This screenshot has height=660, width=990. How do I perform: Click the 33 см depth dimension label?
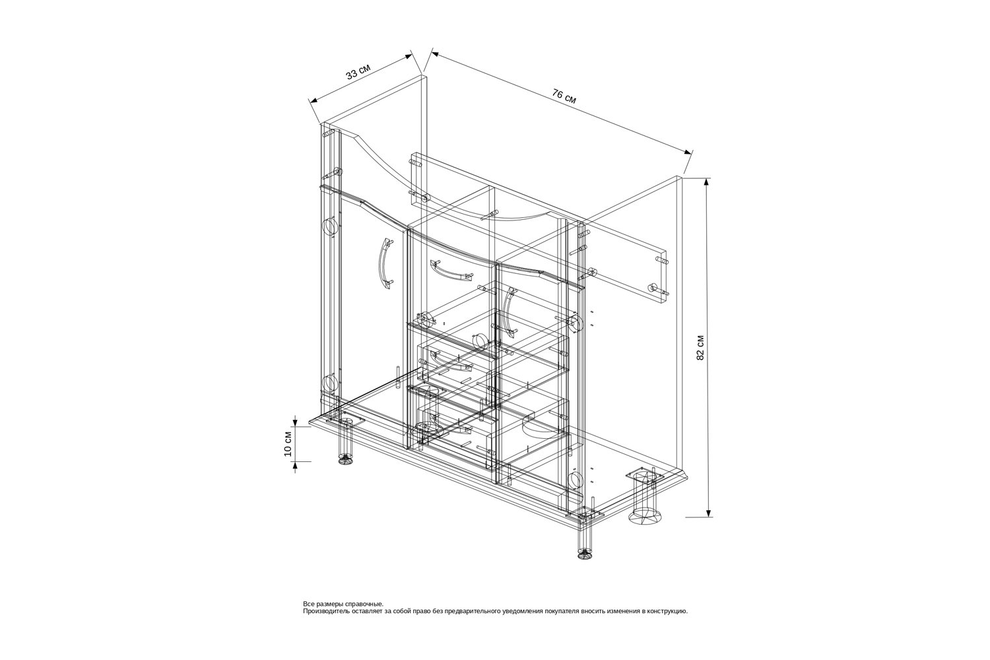(x=358, y=72)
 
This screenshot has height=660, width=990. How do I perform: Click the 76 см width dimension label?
(x=564, y=96)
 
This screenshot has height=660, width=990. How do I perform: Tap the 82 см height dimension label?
(x=700, y=347)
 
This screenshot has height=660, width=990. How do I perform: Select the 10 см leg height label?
(x=288, y=444)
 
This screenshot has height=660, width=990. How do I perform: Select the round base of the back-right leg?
(x=645, y=519)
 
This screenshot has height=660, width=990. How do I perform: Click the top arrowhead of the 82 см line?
(x=708, y=181)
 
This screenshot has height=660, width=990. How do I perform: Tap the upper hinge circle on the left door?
(x=330, y=227)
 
